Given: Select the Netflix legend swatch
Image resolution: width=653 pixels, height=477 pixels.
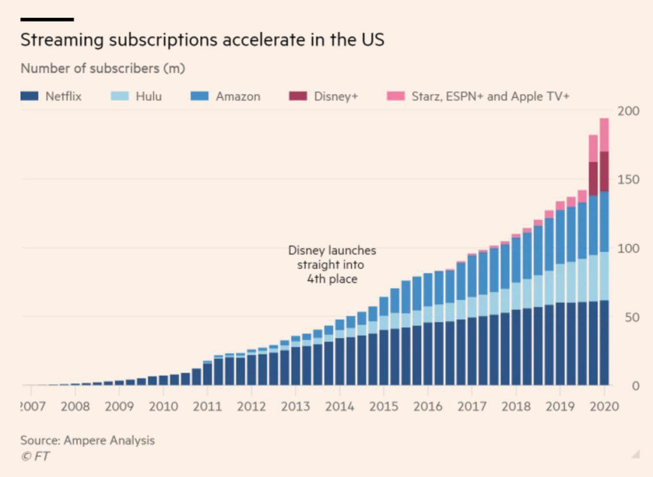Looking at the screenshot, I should pos(29,96).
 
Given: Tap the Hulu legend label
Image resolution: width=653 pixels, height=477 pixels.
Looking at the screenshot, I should pos(148,96).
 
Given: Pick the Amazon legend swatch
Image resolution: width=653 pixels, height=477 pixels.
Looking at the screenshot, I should pos(199,96).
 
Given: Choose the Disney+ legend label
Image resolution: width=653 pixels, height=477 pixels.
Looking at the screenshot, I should pos(336,96).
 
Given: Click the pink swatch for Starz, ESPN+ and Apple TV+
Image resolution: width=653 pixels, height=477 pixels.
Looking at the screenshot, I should pos(396,96).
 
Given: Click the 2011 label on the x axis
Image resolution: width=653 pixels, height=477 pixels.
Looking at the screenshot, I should pos(208,407).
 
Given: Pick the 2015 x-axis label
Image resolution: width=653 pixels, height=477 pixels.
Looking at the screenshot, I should pos(384,407).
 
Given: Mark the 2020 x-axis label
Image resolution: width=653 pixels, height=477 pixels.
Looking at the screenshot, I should pos(604,407).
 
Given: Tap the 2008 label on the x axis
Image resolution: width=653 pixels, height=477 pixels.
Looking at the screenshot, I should pos(75,407).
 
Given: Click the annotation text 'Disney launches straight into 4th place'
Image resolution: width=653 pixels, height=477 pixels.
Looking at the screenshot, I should pos(332,265).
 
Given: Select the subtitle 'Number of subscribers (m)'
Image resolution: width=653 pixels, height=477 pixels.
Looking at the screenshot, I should pos(103,68).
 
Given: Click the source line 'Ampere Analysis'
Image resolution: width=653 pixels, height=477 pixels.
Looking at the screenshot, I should pos(109,440).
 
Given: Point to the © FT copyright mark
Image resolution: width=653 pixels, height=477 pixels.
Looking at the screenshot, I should pos(35,456).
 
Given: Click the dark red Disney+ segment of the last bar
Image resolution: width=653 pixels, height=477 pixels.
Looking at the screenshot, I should pos(604,171).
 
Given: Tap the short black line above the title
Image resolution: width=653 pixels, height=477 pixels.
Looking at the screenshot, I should pos(47,19).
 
